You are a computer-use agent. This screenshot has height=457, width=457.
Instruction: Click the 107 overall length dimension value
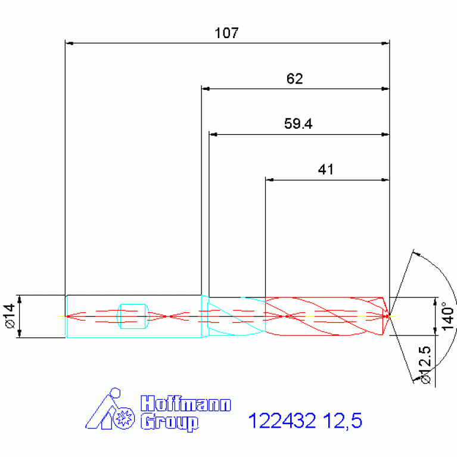pyautogui.click(x=226, y=33)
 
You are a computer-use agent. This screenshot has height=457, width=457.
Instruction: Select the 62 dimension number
pyautogui.click(x=295, y=79)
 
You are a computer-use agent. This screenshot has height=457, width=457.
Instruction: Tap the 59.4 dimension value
pyautogui.click(x=298, y=123)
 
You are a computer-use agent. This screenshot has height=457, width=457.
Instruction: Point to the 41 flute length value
pyautogui.click(x=325, y=169)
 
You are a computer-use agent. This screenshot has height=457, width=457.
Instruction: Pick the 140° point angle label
pyautogui.click(x=448, y=316)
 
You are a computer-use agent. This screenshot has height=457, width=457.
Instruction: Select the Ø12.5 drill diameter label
pyautogui.click(x=425, y=365)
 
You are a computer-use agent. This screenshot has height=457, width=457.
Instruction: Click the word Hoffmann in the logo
pyautogui.click(x=186, y=403)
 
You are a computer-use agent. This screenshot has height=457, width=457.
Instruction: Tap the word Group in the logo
pyautogui.click(x=170, y=422)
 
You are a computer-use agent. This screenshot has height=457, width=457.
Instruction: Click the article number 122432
pyautogui.click(x=282, y=420)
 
